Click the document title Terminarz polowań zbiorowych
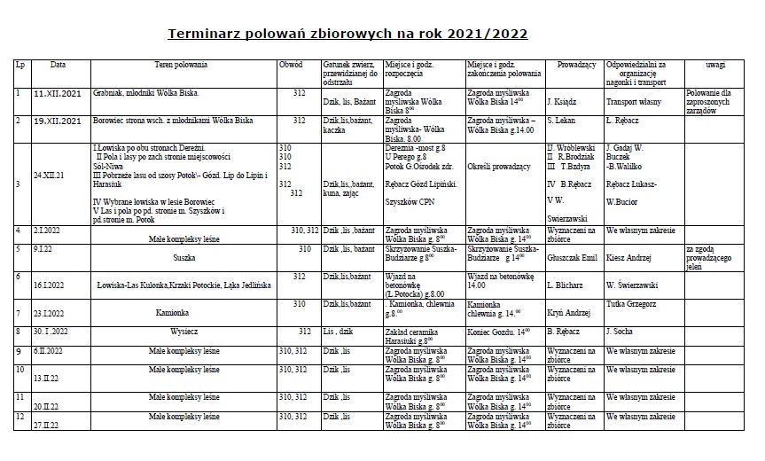pyautogui.click(x=347, y=35)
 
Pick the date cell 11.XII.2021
pyautogui.click(x=58, y=94)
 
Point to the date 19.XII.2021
pyautogui.click(x=58, y=121)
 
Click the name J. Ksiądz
pyautogui.click(x=564, y=103)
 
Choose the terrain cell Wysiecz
pyautogui.click(x=184, y=332)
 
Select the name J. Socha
pyautogui.click(x=620, y=332)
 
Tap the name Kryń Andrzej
pyautogui.click(x=569, y=313)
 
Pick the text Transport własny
pyautogui.click(x=636, y=103)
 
